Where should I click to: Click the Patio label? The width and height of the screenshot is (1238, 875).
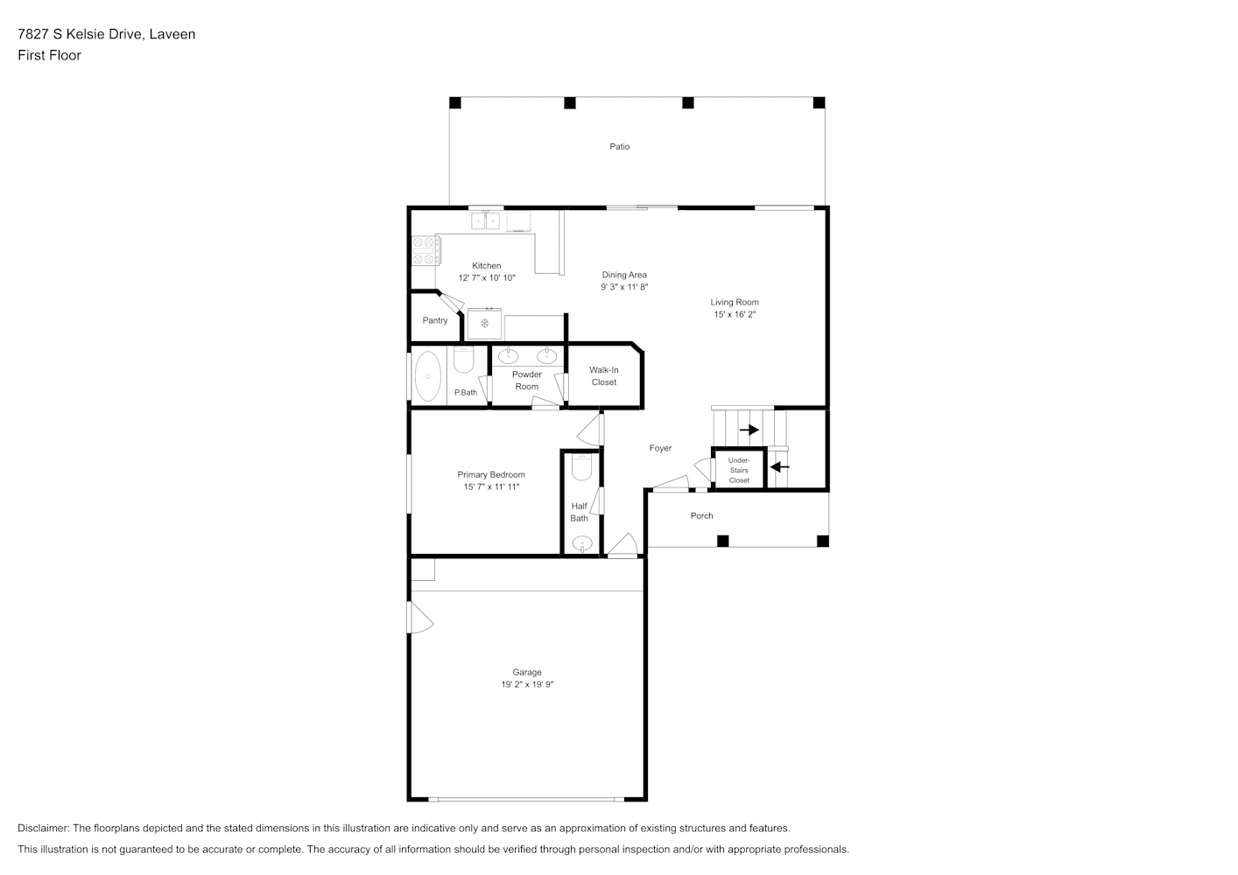620,146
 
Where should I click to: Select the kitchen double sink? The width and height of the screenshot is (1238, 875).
485,220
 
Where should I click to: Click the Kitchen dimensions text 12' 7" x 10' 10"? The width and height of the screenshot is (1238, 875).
487,278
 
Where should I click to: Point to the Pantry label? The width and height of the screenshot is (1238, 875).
435,320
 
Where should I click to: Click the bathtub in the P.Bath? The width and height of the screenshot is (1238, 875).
428,375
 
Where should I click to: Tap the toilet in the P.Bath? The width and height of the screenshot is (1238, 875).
464,360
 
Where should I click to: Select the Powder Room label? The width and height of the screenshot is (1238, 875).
527,381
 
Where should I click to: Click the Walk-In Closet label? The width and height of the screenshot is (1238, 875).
604,376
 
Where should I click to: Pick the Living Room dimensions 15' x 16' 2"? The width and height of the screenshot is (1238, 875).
735,314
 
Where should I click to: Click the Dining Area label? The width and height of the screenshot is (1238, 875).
624,275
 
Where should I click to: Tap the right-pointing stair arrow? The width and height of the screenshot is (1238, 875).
749,430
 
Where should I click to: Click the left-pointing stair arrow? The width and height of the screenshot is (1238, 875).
780,466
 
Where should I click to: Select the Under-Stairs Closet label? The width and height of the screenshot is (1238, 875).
739,470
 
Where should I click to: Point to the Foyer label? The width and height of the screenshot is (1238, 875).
660,448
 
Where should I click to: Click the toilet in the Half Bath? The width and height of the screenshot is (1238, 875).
581,466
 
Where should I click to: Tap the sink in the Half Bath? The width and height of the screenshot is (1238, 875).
582,543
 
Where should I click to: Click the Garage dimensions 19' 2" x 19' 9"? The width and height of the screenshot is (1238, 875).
527,684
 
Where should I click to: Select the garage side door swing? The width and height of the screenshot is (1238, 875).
420,617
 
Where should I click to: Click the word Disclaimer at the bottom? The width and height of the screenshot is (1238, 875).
44,828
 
